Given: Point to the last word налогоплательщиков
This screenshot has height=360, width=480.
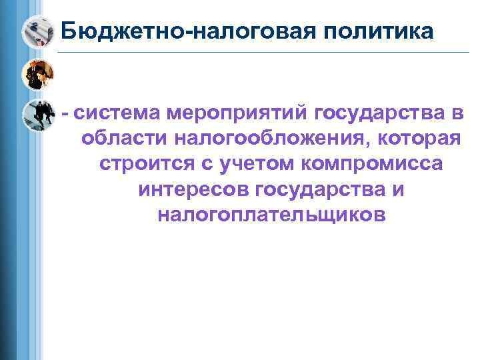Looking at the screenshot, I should (x=271, y=214).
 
